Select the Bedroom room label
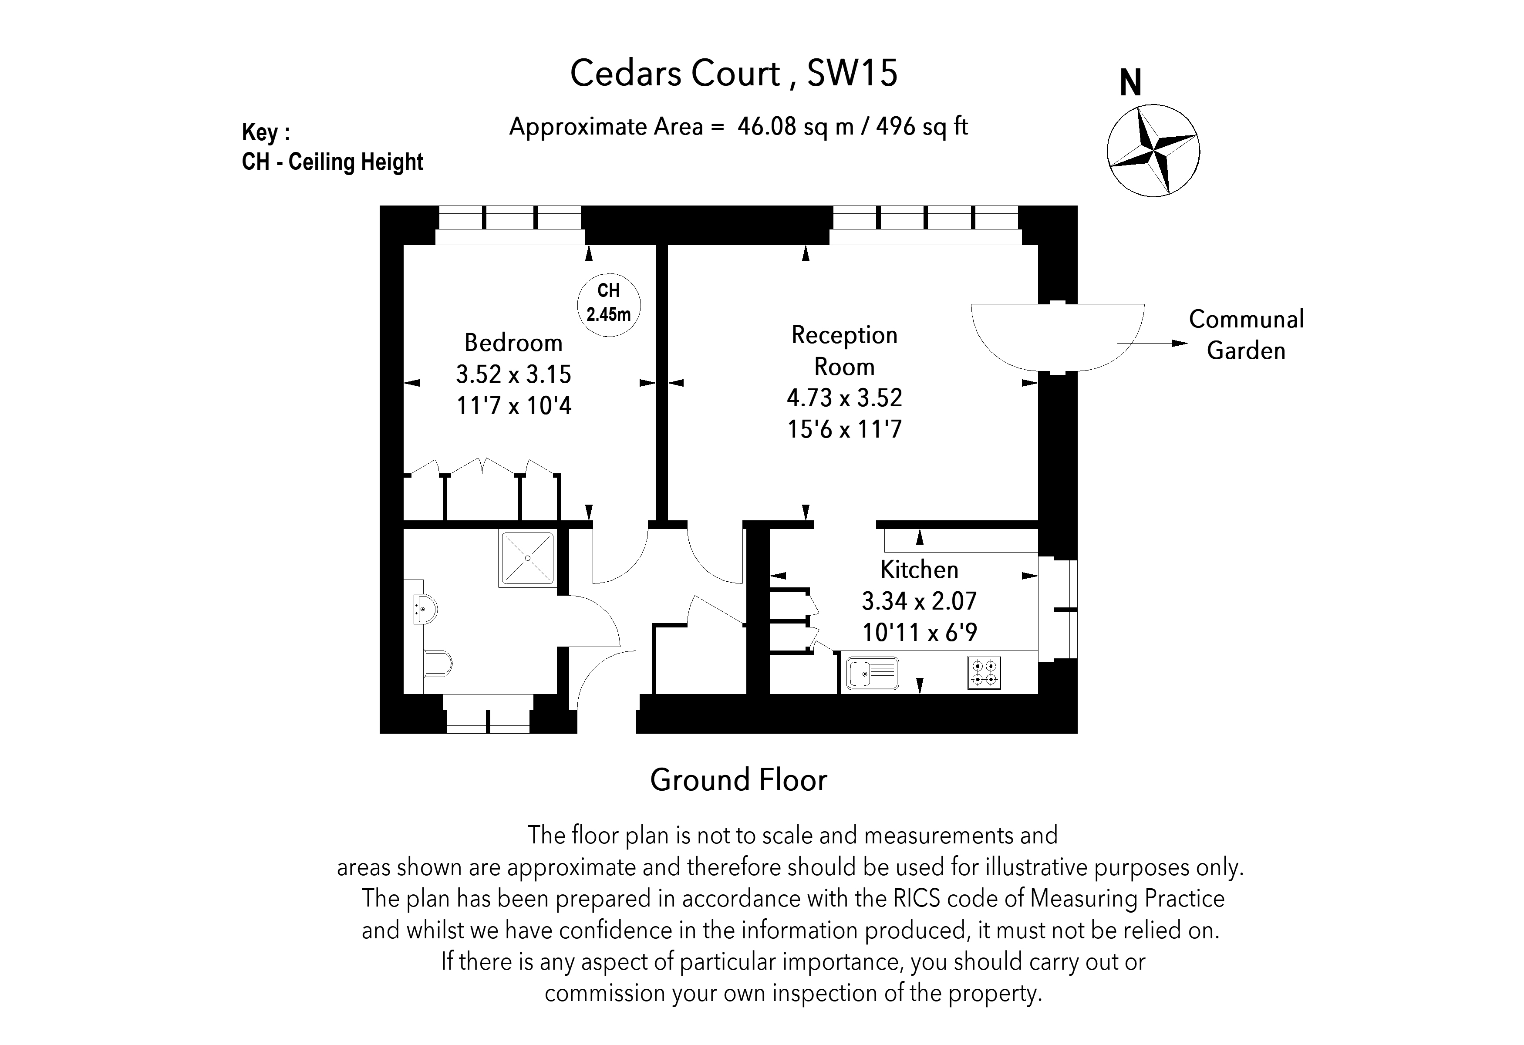coord(513,343)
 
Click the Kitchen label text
coord(919,570)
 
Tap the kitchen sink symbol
coord(872,673)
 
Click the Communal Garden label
coord(1245,335)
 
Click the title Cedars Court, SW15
coord(733,73)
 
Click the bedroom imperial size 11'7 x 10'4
coord(513,406)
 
